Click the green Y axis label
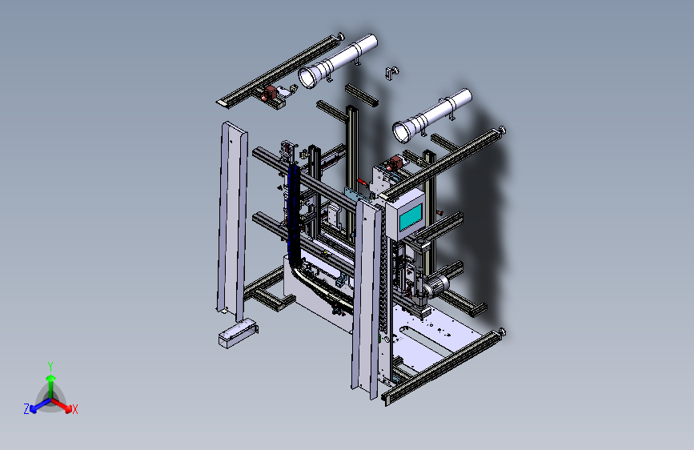click(50, 367)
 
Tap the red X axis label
click(74, 409)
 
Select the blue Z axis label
click(26, 409)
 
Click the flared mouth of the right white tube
click(403, 132)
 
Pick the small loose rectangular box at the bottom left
click(238, 333)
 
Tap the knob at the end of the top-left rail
click(340, 36)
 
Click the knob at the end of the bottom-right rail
click(501, 332)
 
